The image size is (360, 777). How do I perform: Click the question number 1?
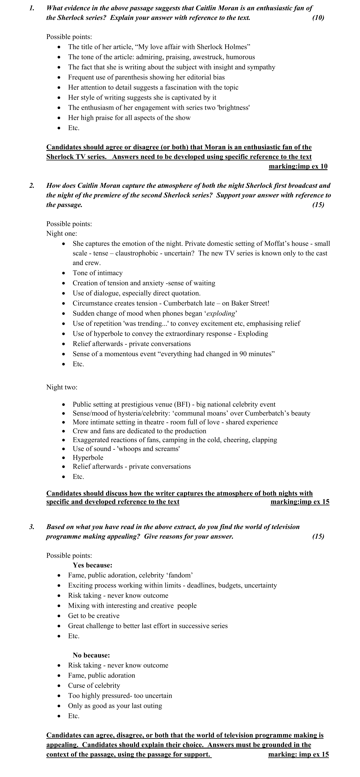pyautogui.click(x=31, y=8)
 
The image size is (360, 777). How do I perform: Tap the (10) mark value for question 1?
pyautogui.click(x=318, y=18)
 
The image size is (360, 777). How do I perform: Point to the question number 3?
pyautogui.click(x=31, y=527)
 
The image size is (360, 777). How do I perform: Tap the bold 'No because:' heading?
pyautogui.click(x=91, y=655)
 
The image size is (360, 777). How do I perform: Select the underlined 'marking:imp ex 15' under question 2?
pyautogui.click(x=300, y=502)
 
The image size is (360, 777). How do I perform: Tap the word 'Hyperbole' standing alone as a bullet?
pyautogui.click(x=88, y=458)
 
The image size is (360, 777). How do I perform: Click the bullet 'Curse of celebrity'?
pyautogui.click(x=94, y=686)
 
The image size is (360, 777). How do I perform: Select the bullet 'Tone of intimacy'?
pyautogui.click(x=97, y=273)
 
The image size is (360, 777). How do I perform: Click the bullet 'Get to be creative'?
pyautogui.click(x=93, y=616)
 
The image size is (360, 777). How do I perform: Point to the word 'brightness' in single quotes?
pyautogui.click(x=233, y=108)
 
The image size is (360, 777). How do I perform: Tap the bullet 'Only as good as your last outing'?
pyautogui.click(x=115, y=706)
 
